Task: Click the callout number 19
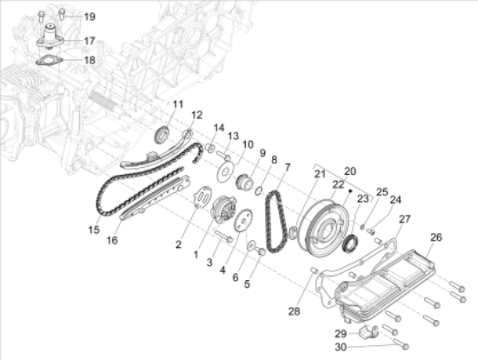coord(90,17)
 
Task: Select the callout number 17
coord(90,40)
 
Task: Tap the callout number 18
coord(90,60)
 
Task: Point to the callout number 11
coord(176,105)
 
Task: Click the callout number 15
coord(93,230)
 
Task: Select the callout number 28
coord(295,310)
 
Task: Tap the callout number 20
coord(350,170)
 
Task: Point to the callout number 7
coord(288,166)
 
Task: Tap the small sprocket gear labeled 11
coord(160,135)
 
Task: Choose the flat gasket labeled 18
coord(49,61)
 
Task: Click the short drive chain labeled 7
coord(276,218)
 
